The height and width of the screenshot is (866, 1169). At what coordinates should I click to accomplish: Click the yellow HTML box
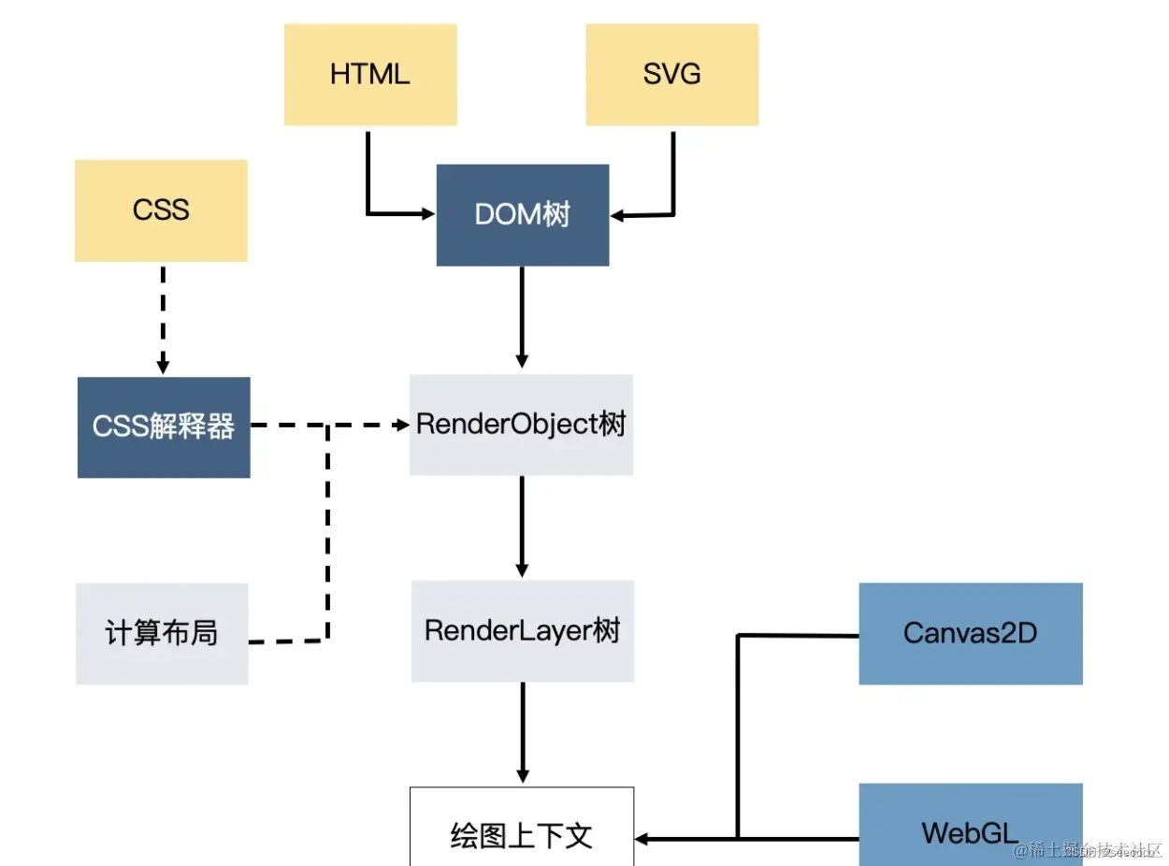(370, 75)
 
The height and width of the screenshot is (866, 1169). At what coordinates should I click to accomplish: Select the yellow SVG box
(671, 75)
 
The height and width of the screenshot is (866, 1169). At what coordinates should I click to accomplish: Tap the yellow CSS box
(161, 210)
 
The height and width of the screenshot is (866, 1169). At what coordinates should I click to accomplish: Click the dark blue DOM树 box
(522, 215)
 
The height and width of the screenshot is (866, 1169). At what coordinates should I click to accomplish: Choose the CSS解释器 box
(164, 427)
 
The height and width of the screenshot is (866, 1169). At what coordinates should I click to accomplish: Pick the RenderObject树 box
(521, 425)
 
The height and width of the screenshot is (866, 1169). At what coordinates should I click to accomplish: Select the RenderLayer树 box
(522, 631)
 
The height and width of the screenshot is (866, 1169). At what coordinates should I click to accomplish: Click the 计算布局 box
(162, 634)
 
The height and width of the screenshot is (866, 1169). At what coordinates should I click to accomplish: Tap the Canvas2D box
(970, 634)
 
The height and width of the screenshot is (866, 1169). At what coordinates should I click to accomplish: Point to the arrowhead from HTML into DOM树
(428, 214)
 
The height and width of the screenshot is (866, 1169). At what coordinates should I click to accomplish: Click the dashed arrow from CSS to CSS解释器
(163, 318)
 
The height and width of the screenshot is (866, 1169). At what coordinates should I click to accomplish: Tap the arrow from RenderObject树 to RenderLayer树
(522, 526)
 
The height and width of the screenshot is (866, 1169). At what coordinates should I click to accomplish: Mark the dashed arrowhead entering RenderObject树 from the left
(402, 426)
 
